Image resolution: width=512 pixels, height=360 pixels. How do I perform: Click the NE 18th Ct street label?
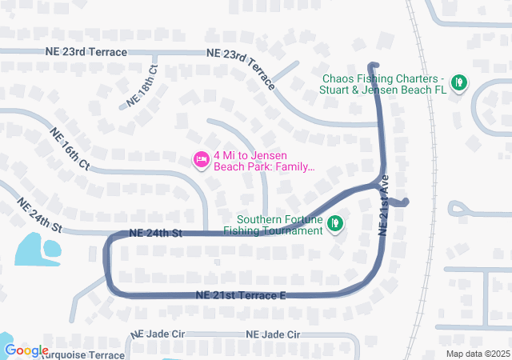point(143,86)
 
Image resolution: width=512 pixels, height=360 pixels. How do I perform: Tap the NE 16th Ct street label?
point(69,148)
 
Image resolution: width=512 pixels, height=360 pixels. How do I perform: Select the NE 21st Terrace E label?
point(240,296)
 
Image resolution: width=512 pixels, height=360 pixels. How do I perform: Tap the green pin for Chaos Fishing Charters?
point(458,82)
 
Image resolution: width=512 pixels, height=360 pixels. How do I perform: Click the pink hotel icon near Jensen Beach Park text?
point(202,161)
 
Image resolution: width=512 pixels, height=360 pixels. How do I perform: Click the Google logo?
point(26,350)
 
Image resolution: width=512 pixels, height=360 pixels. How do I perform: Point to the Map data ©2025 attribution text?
point(477,354)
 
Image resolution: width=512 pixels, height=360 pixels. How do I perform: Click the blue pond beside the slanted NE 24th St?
point(37,249)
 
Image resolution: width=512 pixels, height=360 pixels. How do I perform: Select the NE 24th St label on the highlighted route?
point(156,234)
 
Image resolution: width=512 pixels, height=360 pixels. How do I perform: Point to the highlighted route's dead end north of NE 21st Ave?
point(373,66)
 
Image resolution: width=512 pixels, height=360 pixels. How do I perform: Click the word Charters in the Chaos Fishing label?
point(417,79)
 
